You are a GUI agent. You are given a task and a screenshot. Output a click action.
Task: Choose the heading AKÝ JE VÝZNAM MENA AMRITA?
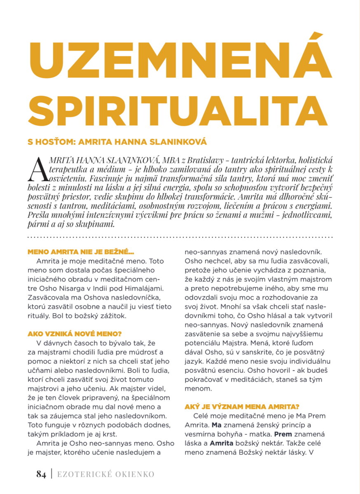point(242,407)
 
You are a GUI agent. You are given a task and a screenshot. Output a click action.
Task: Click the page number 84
point(41,474)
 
